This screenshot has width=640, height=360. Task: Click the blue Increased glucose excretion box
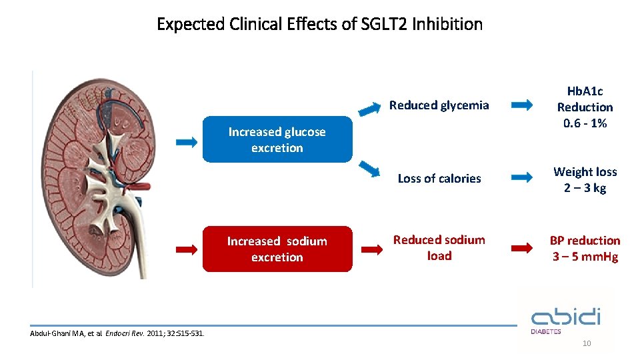tap(277, 140)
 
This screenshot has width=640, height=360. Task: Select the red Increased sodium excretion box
tap(277, 249)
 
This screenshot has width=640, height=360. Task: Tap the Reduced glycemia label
tap(439, 105)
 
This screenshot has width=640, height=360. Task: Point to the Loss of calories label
tap(439, 179)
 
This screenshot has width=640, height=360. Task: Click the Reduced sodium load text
tap(439, 248)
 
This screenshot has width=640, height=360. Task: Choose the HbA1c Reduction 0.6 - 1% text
tap(585, 107)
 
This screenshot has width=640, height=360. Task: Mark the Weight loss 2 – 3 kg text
tap(585, 180)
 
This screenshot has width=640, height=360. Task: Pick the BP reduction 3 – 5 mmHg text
tap(585, 249)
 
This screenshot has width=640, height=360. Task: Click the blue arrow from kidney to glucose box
tap(187, 141)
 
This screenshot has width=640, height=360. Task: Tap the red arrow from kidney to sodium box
tap(187, 249)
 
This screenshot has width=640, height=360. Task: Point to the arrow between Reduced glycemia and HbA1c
tap(522, 105)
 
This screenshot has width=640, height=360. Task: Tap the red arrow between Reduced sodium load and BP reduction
tap(522, 249)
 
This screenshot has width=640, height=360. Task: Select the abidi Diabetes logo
tap(565, 319)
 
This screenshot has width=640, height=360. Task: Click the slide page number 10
tap(587, 344)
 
